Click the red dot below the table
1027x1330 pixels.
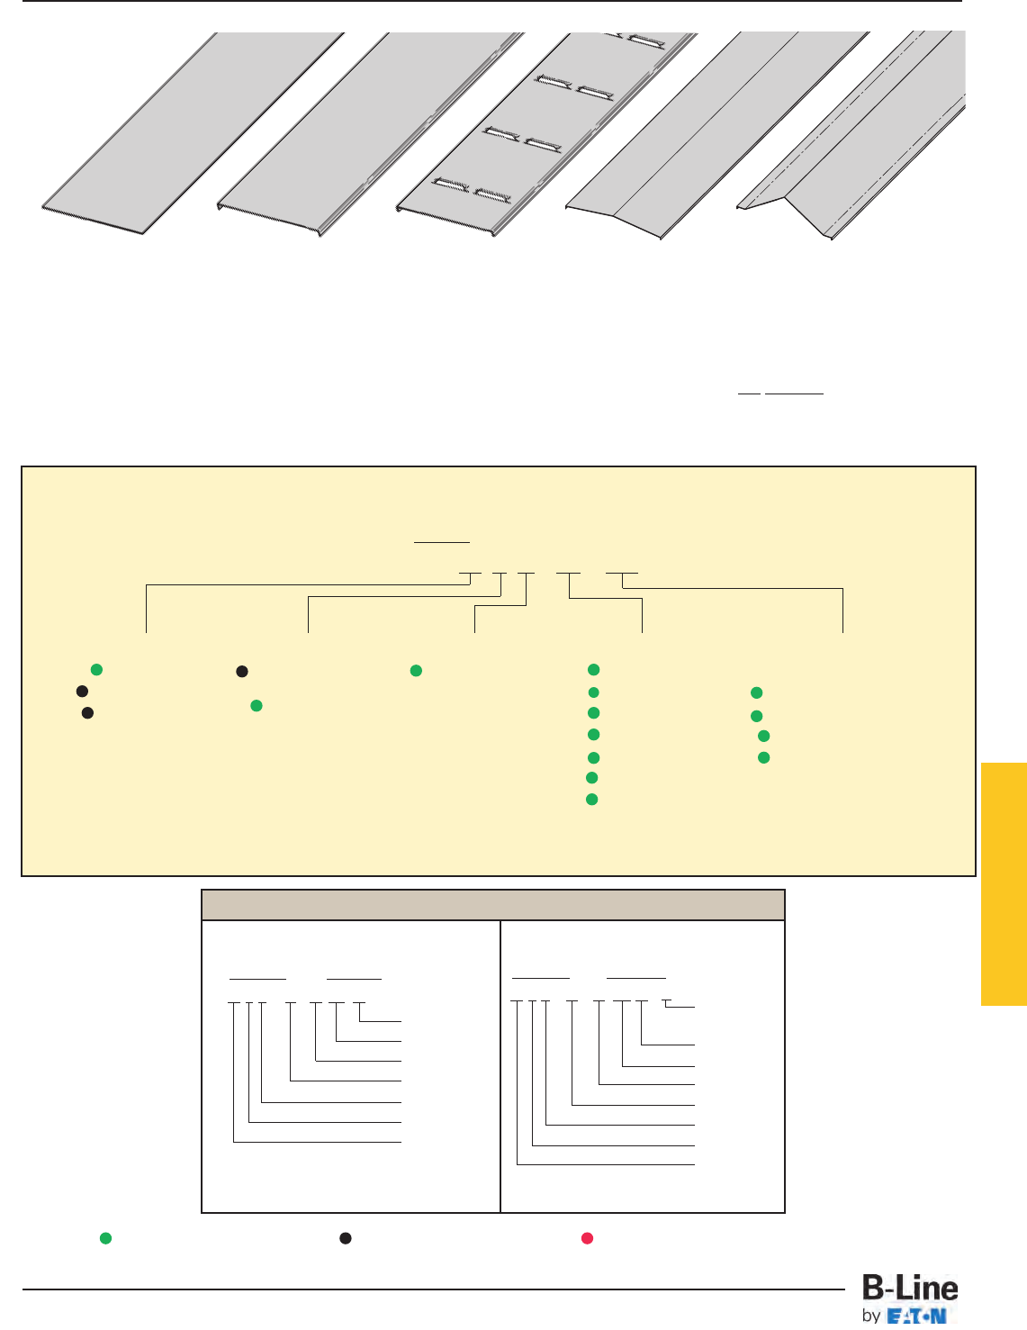[587, 1238]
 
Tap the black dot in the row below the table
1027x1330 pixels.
[345, 1238]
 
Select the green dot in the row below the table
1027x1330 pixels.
[105, 1238]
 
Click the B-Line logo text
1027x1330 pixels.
[910, 1289]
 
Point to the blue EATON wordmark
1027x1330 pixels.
[917, 1316]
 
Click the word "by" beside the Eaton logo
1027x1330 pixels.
[871, 1316]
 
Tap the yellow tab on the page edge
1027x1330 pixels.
[1004, 883]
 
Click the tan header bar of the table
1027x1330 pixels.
[493, 905]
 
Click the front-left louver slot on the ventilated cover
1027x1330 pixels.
[451, 185]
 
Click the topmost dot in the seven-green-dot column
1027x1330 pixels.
[594, 670]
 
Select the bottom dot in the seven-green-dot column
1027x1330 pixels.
[592, 800]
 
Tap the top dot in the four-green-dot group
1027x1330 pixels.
[757, 692]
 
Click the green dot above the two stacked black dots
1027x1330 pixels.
[96, 669]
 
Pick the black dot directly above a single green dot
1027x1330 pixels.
[242, 672]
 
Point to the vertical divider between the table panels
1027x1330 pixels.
[500, 1066]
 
